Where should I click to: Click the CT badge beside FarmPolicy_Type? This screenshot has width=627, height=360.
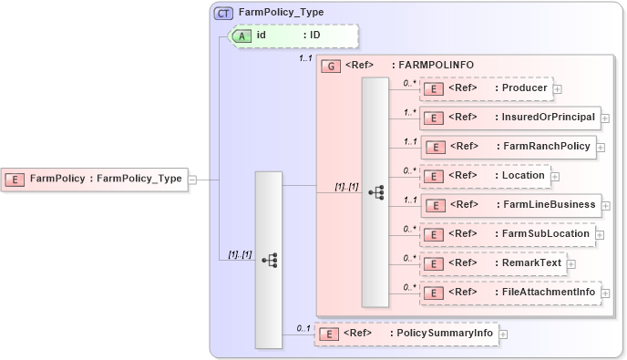coord(223,14)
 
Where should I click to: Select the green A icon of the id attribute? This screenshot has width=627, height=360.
coord(243,36)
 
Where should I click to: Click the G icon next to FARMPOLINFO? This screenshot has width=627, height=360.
coord(332,67)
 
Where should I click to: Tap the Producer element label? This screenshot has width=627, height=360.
coord(524,88)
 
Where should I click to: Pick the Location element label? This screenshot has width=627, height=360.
coord(523,175)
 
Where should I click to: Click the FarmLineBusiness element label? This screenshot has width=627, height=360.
coord(550,204)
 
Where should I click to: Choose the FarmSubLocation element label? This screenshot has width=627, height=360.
coord(545,233)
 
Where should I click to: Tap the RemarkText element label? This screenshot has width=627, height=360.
coord(531,262)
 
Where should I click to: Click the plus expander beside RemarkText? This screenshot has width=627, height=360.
coord(571,263)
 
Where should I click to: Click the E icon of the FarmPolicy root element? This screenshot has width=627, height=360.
coord(15,180)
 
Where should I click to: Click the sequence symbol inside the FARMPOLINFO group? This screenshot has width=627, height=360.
coord(375,192)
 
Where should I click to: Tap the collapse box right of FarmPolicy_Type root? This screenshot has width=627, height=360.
coord(192,180)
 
